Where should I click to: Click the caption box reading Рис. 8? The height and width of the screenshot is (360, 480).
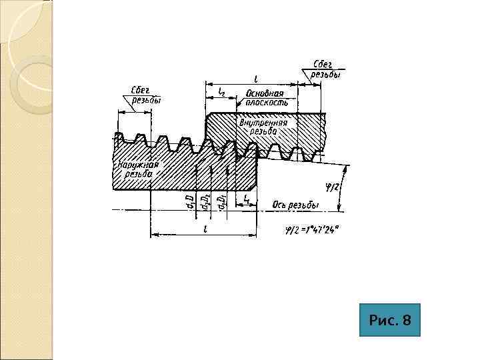point(390,321)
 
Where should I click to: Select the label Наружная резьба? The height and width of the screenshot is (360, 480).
point(138,169)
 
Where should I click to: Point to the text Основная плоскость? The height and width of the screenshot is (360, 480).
point(265,98)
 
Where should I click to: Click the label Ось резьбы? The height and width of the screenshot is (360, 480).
point(296,205)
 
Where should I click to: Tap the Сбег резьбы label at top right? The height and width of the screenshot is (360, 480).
point(326,70)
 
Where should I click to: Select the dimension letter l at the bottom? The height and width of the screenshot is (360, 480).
point(205,229)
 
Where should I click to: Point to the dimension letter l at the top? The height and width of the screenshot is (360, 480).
point(256,78)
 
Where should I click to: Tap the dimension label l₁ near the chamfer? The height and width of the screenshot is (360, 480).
point(247,199)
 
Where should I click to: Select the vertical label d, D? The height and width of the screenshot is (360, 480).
point(190,201)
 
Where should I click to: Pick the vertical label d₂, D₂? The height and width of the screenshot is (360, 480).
point(207,201)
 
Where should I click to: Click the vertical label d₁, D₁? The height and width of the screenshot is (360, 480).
point(223,201)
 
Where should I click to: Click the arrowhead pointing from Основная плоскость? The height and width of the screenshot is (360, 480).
point(238,106)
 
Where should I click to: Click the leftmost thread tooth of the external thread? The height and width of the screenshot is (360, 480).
point(119,138)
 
